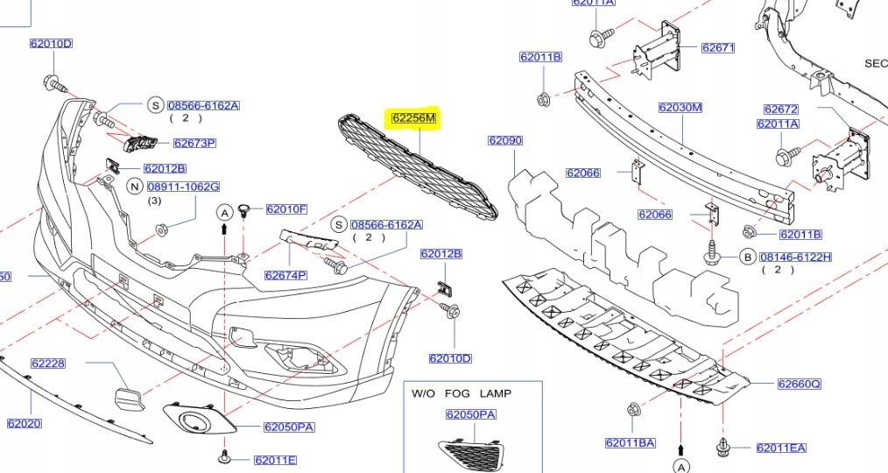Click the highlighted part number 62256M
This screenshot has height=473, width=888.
414,117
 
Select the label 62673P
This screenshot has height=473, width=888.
194,143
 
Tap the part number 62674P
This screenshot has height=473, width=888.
285,275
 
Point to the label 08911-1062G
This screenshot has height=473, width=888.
183,187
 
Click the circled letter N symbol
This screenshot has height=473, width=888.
135,186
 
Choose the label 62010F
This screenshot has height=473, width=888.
286,209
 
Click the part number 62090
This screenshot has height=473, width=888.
504,140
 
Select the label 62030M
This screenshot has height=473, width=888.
680,108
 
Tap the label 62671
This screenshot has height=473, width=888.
717,47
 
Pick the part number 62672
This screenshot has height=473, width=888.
780,109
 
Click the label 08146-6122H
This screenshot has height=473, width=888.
795,257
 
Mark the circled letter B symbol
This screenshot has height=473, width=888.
748,257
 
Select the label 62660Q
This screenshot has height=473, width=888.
799,384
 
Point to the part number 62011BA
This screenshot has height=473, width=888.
630,442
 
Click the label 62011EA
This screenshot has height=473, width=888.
780,448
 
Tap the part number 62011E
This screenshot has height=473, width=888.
275,460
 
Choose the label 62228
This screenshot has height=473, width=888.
48,363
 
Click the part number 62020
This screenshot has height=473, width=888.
25,424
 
